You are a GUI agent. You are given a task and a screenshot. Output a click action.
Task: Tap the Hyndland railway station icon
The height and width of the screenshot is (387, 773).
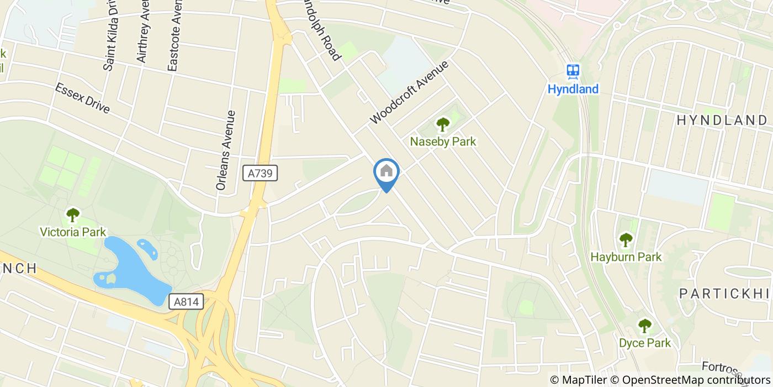pyautogui.click(x=573, y=71)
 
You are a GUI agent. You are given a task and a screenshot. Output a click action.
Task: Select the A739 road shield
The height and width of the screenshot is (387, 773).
pyautogui.click(x=260, y=174)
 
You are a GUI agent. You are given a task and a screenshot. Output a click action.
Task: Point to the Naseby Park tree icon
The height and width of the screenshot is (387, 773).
pyautogui.click(x=443, y=124)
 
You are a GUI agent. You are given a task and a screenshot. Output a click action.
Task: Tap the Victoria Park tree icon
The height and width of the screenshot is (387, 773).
pyautogui.click(x=73, y=215)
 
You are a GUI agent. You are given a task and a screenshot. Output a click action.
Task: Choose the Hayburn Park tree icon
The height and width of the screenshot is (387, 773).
pyautogui.click(x=626, y=240)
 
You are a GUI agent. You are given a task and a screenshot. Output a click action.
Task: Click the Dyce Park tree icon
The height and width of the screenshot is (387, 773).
pyautogui.click(x=644, y=326)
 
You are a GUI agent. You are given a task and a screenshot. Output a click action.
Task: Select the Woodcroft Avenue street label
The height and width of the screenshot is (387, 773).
pyautogui.click(x=409, y=92)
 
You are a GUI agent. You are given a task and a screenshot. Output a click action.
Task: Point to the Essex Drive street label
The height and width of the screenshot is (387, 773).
pyautogui.click(x=82, y=98)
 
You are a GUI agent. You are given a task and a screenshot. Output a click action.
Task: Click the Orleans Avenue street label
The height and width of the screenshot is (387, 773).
pyautogui.click(x=226, y=150)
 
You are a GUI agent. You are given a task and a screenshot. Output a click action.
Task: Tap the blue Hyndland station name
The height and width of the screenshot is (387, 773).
pyautogui.click(x=573, y=89)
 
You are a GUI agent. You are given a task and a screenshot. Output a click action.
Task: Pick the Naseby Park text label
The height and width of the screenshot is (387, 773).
pyautogui.click(x=443, y=142)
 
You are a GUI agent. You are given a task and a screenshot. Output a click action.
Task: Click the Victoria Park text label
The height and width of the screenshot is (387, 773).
pyautogui.click(x=73, y=232)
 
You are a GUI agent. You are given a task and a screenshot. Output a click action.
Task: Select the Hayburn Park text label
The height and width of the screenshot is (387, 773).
pyautogui.click(x=626, y=257)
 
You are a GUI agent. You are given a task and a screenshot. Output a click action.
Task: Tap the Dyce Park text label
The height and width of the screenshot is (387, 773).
pyautogui.click(x=644, y=343)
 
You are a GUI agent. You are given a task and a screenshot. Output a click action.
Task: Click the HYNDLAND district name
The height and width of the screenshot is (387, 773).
pyautogui.click(x=721, y=121)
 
